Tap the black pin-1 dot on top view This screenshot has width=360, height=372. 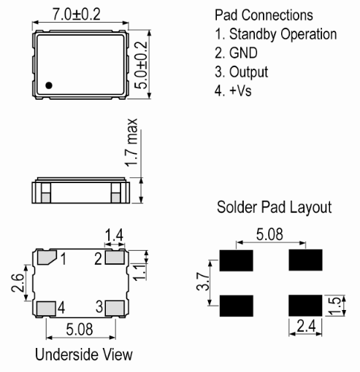click(x=48, y=85)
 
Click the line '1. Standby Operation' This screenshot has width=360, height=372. click(x=276, y=34)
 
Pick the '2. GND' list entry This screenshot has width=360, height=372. click(x=238, y=53)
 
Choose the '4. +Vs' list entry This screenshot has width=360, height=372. click(x=236, y=90)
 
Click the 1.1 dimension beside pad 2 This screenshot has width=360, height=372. click(x=148, y=272)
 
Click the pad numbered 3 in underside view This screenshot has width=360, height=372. click(x=115, y=307)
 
